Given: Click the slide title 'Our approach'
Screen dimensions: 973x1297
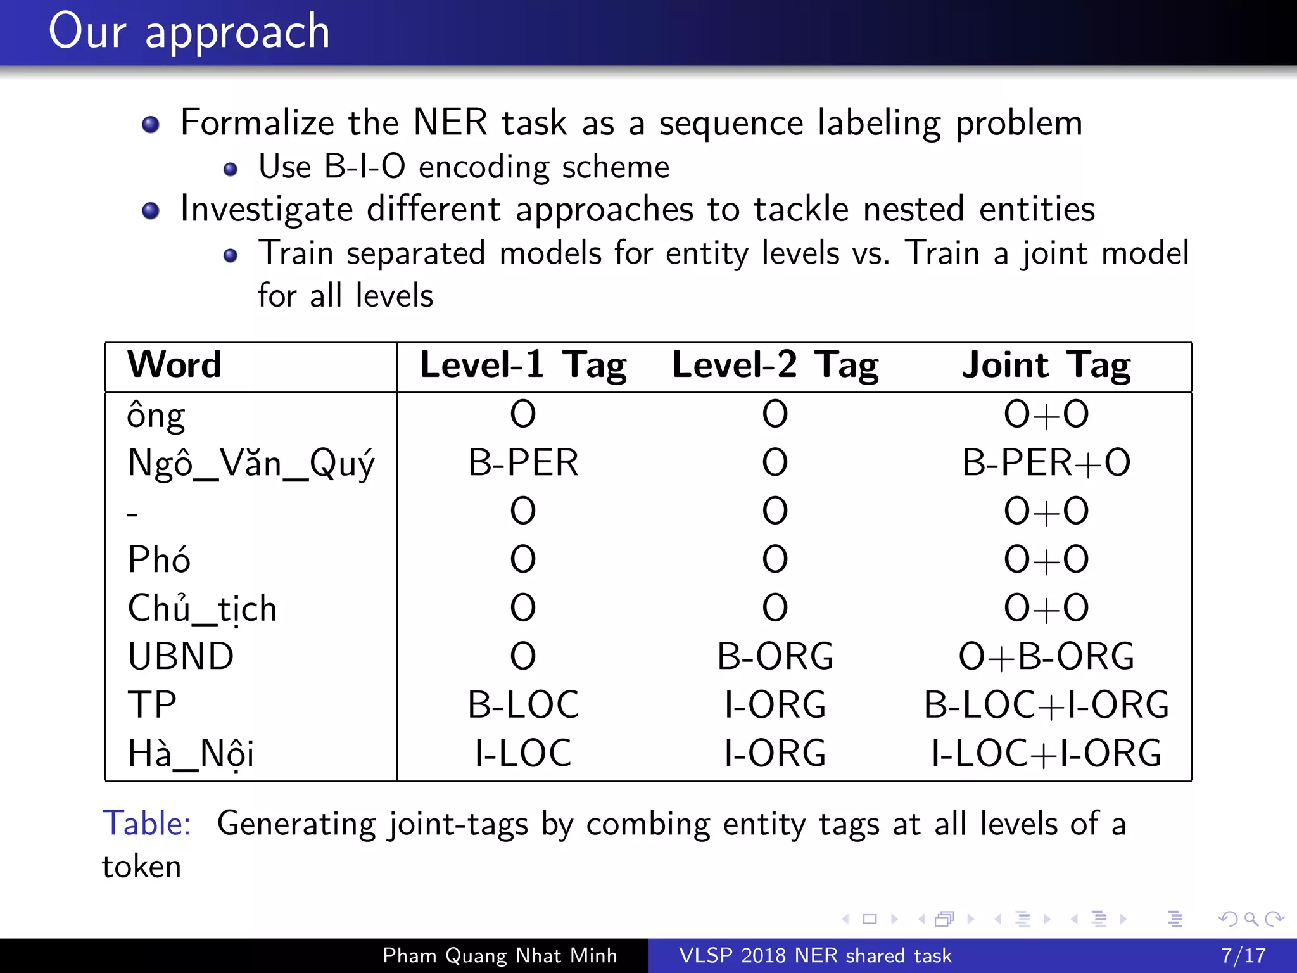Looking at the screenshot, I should point(189,32).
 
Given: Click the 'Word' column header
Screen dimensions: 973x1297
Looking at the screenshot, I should point(174,365).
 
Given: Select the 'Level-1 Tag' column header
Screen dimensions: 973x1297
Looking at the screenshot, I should point(523,366).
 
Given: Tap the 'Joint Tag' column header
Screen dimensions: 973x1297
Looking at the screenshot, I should point(1046,366).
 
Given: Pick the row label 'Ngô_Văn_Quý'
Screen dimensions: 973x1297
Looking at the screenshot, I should point(251,463).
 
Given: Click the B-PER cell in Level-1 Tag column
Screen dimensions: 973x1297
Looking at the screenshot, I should point(523,463).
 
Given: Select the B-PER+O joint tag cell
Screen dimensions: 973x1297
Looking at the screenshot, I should point(1046,463).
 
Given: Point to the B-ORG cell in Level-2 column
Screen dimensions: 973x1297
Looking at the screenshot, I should point(775,657).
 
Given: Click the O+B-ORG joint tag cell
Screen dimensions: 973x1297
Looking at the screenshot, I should point(1046,657).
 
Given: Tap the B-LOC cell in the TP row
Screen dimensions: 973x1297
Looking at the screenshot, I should point(523,705).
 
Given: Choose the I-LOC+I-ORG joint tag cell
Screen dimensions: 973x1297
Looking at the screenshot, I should point(1046,754).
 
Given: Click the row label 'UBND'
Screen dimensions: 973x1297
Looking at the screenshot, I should point(180,657).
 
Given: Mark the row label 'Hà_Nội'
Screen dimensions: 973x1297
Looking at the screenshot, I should point(191,754).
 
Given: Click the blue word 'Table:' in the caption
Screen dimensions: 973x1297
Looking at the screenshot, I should point(146,824).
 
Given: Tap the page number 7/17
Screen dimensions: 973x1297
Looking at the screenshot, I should point(1243,955).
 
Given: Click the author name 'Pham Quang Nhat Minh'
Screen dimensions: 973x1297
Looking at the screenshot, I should point(500,955).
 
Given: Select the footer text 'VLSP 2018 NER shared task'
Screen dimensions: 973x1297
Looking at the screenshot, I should point(815,955).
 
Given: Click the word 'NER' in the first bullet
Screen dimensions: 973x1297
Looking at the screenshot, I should point(450,122).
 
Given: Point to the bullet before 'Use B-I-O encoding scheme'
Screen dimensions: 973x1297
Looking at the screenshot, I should point(231,169).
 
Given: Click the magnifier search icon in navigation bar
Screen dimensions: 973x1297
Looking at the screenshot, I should point(1251,919).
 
